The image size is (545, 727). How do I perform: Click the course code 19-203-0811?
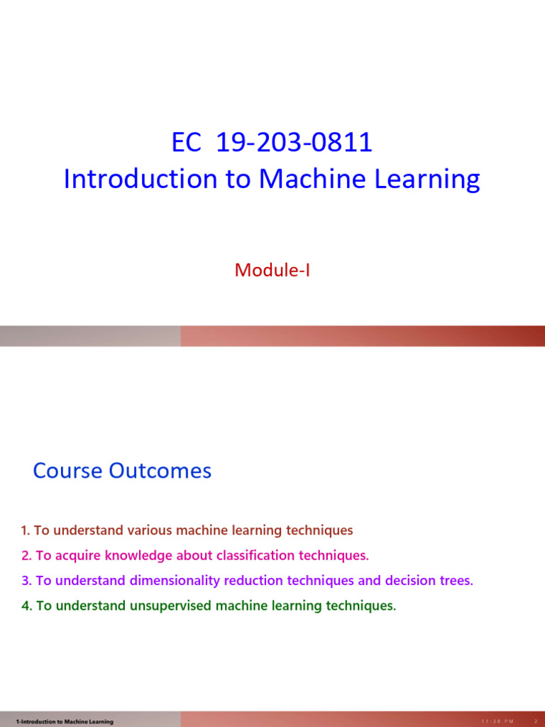[294, 142]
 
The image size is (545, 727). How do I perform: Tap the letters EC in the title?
[187, 142]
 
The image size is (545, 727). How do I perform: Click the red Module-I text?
[272, 270]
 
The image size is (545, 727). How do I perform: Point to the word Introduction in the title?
[141, 178]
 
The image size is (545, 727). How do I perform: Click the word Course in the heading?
[67, 471]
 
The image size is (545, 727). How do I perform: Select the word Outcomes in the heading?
[160, 471]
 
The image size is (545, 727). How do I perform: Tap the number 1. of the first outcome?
[26, 530]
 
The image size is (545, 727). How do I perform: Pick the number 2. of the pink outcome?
[27, 555]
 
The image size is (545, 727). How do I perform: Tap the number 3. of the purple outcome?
[27, 581]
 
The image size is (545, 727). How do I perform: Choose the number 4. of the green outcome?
[27, 606]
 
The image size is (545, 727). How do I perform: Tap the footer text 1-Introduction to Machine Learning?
[65, 721]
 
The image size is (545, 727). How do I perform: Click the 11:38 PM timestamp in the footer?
[497, 721]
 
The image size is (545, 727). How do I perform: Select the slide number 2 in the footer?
[536, 721]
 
